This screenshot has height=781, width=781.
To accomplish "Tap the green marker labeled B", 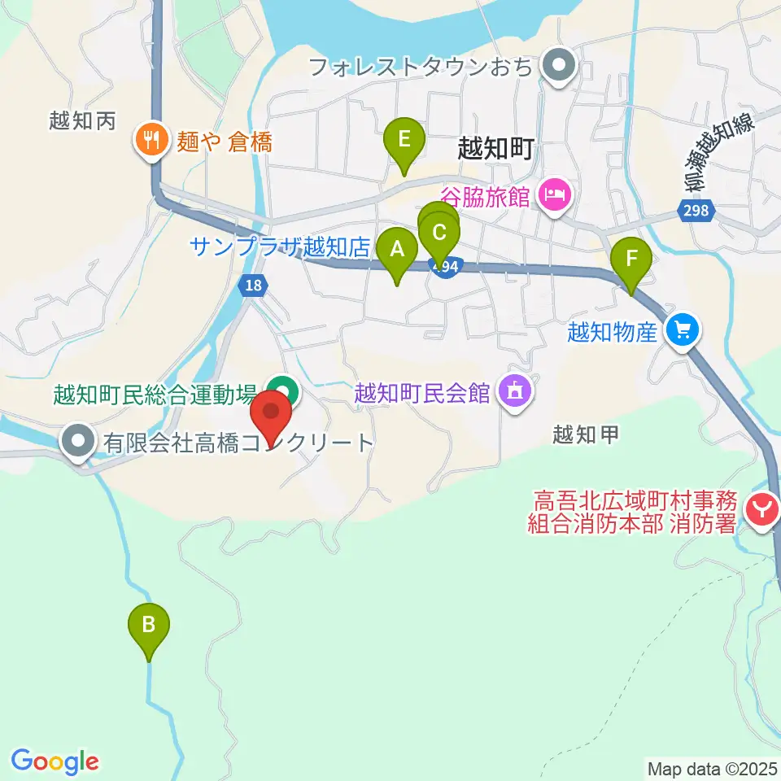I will tap(149, 626).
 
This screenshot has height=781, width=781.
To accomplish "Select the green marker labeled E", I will tap(404, 139).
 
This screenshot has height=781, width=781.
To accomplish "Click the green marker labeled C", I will tap(439, 234).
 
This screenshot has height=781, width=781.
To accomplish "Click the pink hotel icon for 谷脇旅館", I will tap(555, 195).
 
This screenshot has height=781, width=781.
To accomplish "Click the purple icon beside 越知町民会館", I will tap(513, 393).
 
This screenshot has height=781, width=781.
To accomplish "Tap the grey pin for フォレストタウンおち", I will tap(558, 65).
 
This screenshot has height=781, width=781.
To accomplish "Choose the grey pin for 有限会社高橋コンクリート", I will tap(78, 443).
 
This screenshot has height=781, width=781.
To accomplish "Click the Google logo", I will tap(55, 762).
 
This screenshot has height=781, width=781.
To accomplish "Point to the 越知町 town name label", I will tap(495, 149).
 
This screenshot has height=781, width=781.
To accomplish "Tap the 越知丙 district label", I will tap(83, 121).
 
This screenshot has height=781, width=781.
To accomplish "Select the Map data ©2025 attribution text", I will tap(711, 767).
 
